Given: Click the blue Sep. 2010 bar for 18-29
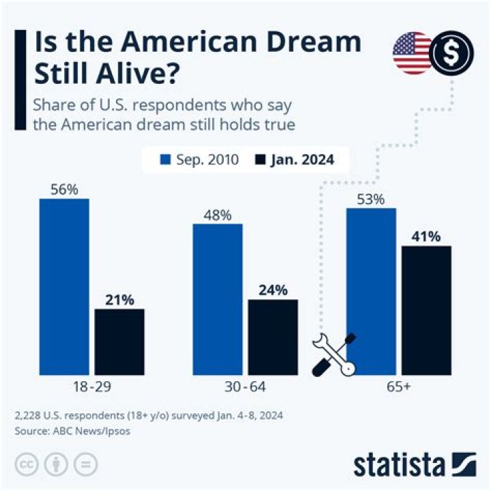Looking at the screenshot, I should (64, 286).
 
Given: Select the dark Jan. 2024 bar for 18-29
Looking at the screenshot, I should (119, 342).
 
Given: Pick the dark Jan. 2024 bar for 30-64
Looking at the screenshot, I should (273, 337).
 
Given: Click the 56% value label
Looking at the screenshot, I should (64, 189).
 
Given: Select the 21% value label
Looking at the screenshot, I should (119, 299).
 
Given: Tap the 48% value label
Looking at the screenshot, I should (218, 215).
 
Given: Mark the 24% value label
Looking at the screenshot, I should (273, 290).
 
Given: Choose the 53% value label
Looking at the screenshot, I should (371, 199).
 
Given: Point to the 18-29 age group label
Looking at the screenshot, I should (91, 387).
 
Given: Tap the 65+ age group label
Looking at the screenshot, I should (398, 387).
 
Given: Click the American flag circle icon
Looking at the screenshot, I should (411, 53).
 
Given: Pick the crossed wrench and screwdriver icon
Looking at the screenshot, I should (334, 353).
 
